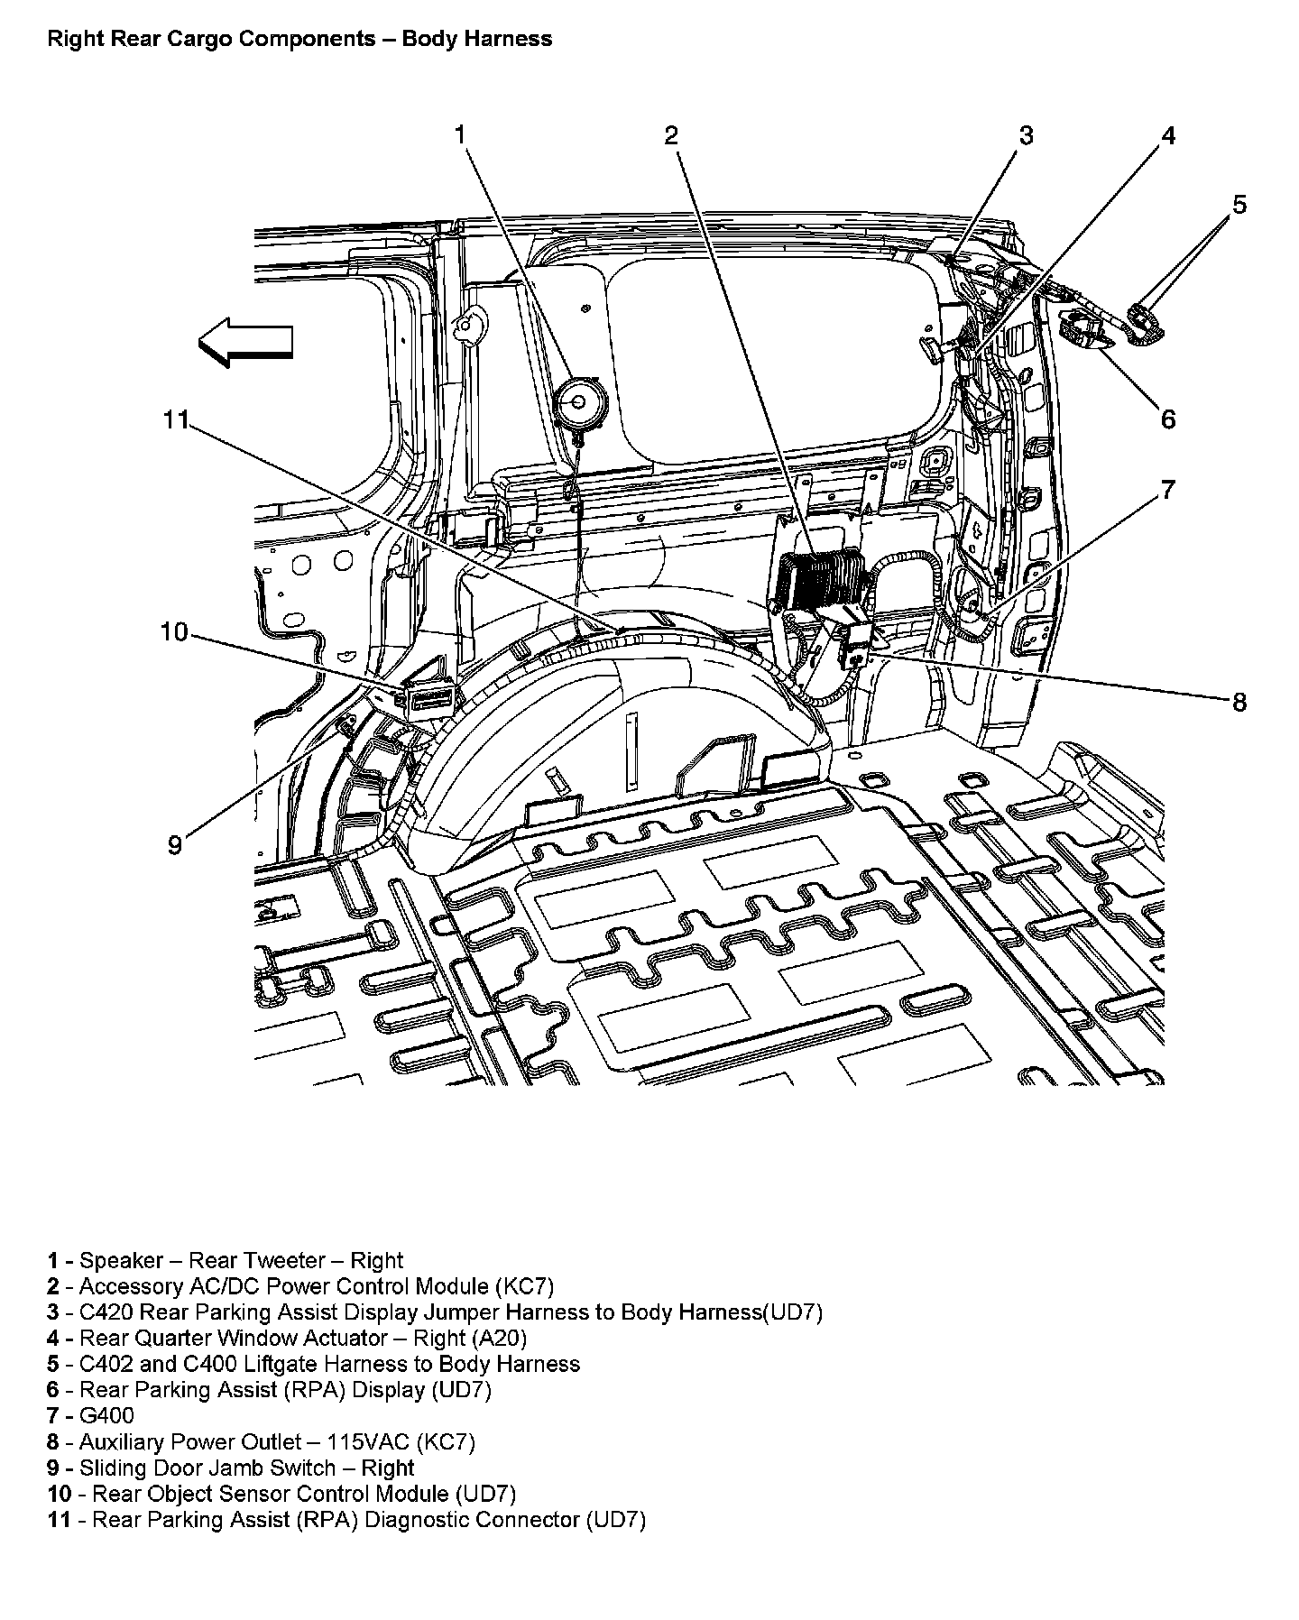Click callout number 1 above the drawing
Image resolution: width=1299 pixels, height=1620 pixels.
461,135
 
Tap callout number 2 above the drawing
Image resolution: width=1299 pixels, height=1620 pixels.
671,135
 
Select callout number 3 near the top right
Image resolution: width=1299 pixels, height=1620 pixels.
1026,135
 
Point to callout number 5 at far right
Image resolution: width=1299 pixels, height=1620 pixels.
1239,205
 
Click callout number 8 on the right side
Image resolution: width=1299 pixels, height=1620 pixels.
1239,702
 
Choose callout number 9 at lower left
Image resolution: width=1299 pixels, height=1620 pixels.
175,845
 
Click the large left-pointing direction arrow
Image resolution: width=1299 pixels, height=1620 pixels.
245,343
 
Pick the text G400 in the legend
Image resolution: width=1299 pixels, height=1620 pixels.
106,1415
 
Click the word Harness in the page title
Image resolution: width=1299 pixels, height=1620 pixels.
513,39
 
